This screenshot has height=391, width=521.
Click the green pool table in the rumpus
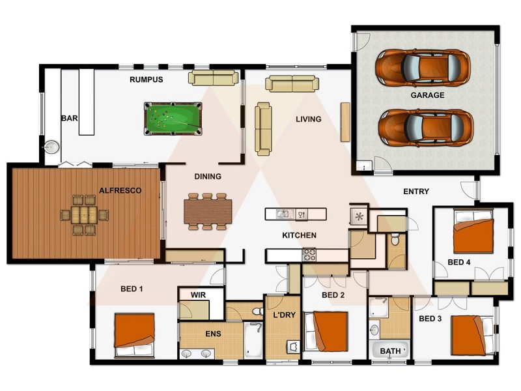click(173, 119)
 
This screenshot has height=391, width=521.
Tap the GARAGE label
click(427, 95)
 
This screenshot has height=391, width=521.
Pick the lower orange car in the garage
click(426, 128)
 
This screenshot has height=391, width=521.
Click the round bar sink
click(51, 147)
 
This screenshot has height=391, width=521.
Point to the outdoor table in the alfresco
click(85, 215)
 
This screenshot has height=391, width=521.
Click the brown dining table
click(208, 211)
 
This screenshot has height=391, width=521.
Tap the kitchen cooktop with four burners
click(309, 255)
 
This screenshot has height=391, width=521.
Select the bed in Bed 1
click(134, 334)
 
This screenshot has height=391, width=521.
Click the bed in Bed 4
click(473, 231)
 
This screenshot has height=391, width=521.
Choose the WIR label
click(198, 295)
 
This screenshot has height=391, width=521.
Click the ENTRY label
click(416, 192)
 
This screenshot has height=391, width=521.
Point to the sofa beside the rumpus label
click(214, 78)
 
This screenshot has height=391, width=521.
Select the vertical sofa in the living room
click(264, 129)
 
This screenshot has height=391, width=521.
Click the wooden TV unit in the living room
click(345, 122)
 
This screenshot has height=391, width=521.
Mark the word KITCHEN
click(299, 235)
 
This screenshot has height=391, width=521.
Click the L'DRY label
click(284, 315)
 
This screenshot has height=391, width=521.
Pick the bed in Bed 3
click(472, 335)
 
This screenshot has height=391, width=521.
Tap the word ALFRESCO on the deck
click(120, 190)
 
